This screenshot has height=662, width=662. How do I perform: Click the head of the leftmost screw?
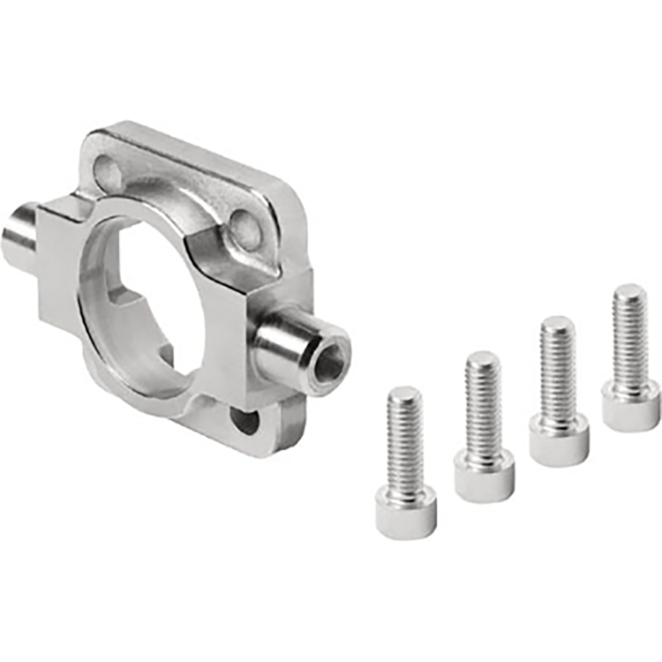click(406, 514)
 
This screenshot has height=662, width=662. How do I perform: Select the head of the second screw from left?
click(483, 477)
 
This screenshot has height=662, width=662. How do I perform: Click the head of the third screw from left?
click(558, 443)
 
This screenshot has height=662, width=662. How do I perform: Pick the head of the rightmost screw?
click(630, 409)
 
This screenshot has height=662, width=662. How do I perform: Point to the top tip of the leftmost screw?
click(405, 392)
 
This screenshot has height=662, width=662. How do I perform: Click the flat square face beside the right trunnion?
click(227, 312)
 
